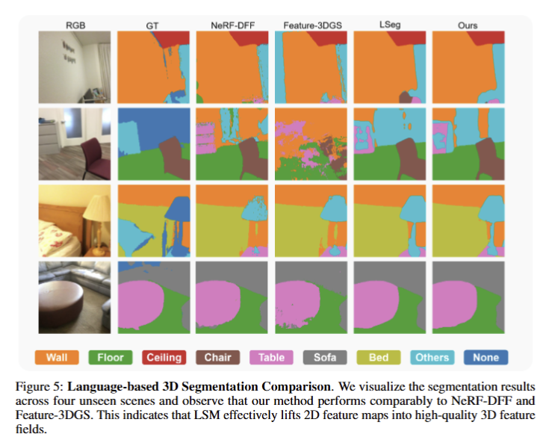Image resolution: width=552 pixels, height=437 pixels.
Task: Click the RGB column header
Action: point(75,25)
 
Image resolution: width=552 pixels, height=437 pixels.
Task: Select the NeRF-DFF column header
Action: point(229,25)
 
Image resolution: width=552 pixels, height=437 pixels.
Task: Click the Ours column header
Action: point(468,25)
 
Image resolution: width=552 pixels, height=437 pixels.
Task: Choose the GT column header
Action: point(152,25)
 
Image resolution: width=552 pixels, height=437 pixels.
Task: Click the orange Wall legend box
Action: point(57,357)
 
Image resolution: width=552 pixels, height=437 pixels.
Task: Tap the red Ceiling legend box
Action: point(164,357)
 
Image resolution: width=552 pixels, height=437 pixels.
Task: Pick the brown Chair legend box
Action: point(217,357)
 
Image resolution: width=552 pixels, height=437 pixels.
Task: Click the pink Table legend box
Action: point(271,357)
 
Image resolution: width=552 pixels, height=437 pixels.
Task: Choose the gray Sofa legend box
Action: point(325,357)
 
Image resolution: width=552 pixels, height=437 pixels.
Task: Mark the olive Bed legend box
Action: point(379,357)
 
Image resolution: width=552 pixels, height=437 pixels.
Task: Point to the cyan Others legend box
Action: point(432,357)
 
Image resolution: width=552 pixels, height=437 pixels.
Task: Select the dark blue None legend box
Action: point(486,357)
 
